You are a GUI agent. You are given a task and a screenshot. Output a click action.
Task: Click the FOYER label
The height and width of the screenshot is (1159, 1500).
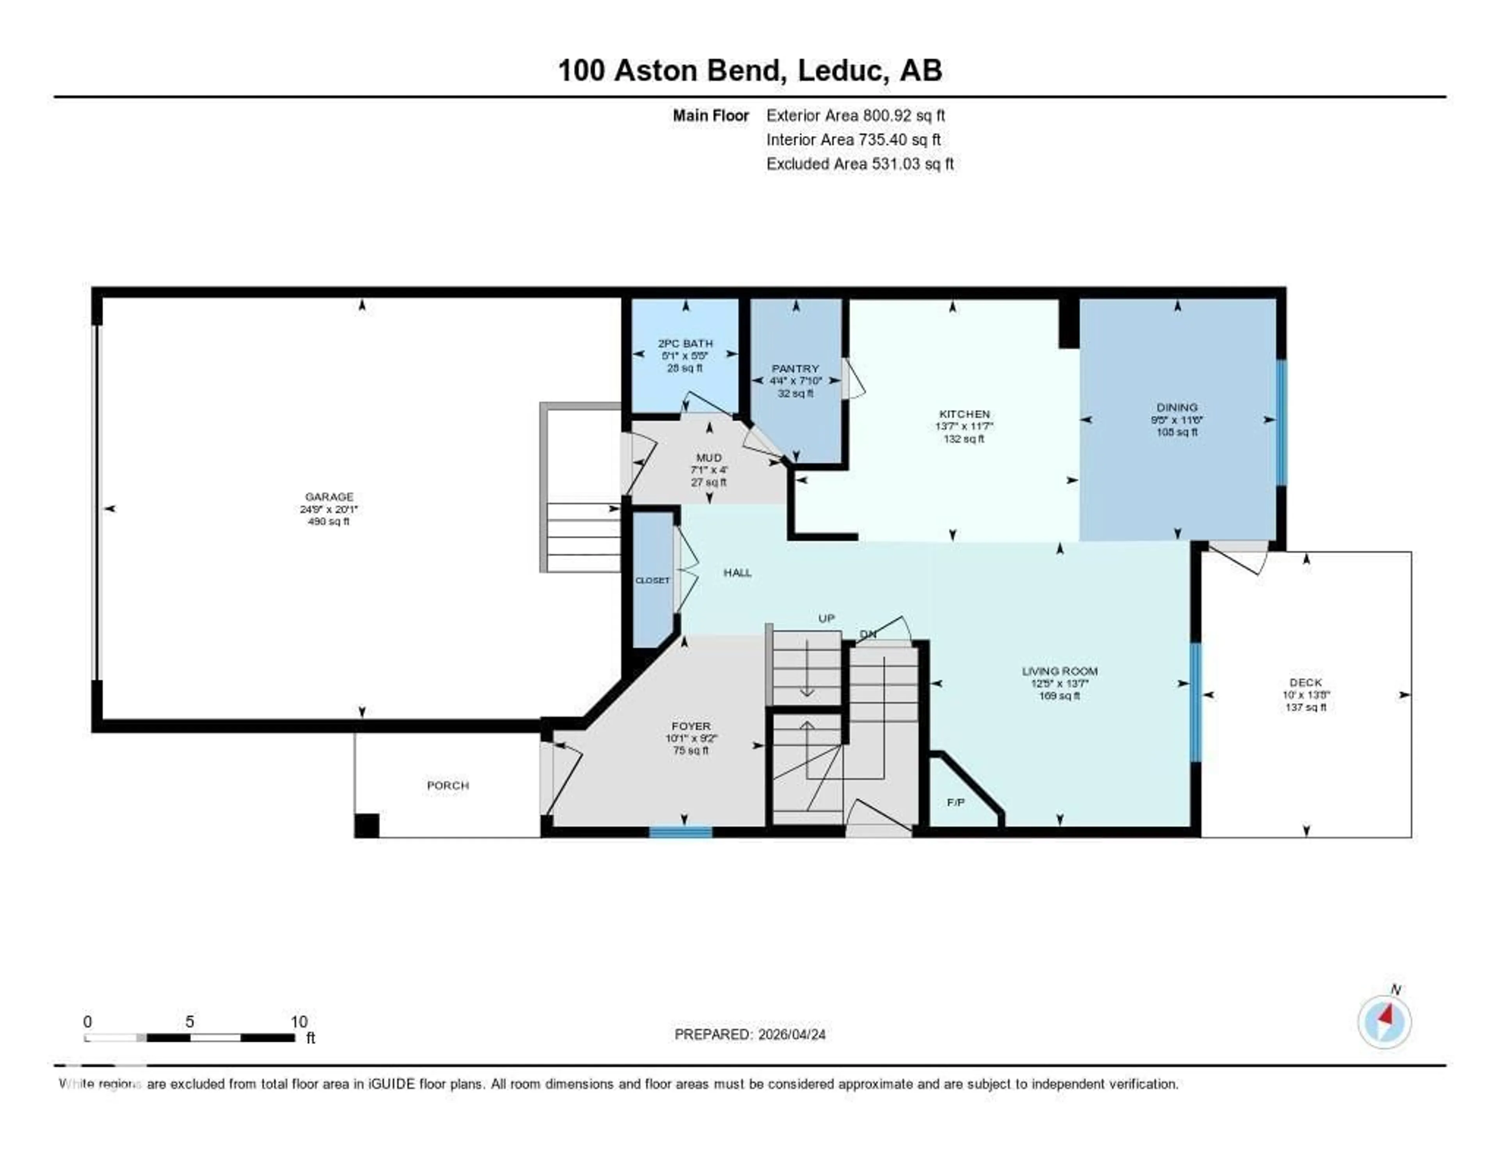(x=691, y=726)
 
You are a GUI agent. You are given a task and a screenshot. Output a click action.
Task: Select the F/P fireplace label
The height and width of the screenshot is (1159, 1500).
(x=955, y=802)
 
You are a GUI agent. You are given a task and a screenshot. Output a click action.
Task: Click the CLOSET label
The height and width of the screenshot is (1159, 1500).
(x=652, y=581)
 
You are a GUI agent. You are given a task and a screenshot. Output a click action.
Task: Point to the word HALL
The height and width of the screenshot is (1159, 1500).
(x=737, y=572)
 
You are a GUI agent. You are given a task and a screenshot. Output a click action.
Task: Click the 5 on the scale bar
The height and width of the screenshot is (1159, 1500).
(x=189, y=1021)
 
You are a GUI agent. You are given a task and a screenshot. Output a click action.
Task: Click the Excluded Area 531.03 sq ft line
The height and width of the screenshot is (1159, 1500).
(x=859, y=163)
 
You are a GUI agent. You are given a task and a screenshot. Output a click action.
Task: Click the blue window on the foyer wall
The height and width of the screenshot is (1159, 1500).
(x=680, y=832)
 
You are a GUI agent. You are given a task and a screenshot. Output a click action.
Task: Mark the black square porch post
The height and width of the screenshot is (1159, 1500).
(x=367, y=825)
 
